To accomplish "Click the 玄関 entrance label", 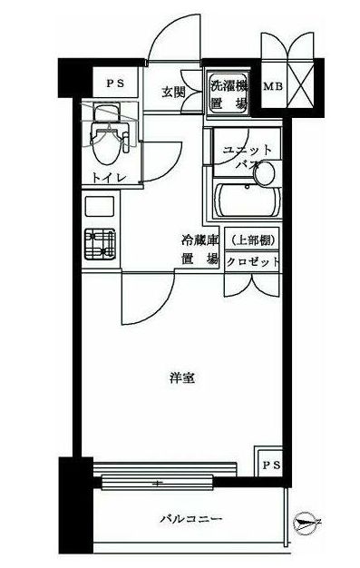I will (173, 91).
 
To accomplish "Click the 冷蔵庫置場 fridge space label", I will (200, 250).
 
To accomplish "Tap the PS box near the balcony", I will (269, 465).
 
